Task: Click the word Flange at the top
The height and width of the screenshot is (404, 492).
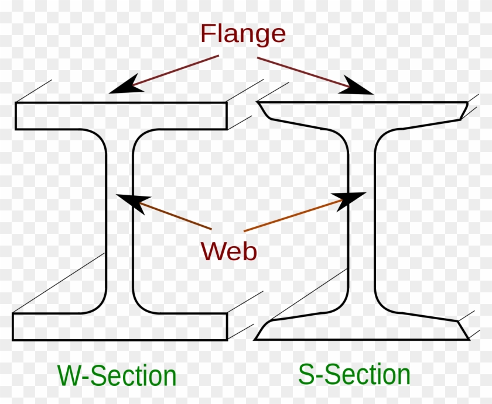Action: (242, 34)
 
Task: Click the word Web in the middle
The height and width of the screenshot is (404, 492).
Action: (228, 251)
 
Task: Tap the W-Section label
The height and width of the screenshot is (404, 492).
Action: (117, 375)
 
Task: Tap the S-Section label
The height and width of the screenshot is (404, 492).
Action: (354, 374)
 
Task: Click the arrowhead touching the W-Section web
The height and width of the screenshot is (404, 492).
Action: (131, 202)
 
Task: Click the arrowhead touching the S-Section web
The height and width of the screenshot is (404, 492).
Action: (352, 198)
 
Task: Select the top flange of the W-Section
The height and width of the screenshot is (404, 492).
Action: (121, 116)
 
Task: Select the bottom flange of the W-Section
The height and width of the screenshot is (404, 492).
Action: (119, 326)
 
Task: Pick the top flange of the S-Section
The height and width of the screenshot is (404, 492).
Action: (362, 111)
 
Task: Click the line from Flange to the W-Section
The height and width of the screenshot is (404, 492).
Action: (176, 72)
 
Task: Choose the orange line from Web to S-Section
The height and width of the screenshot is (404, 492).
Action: (293, 216)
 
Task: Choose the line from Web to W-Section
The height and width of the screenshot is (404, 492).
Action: (176, 217)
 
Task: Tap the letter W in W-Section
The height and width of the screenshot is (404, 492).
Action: (70, 375)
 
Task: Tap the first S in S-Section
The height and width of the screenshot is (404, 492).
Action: (307, 374)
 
